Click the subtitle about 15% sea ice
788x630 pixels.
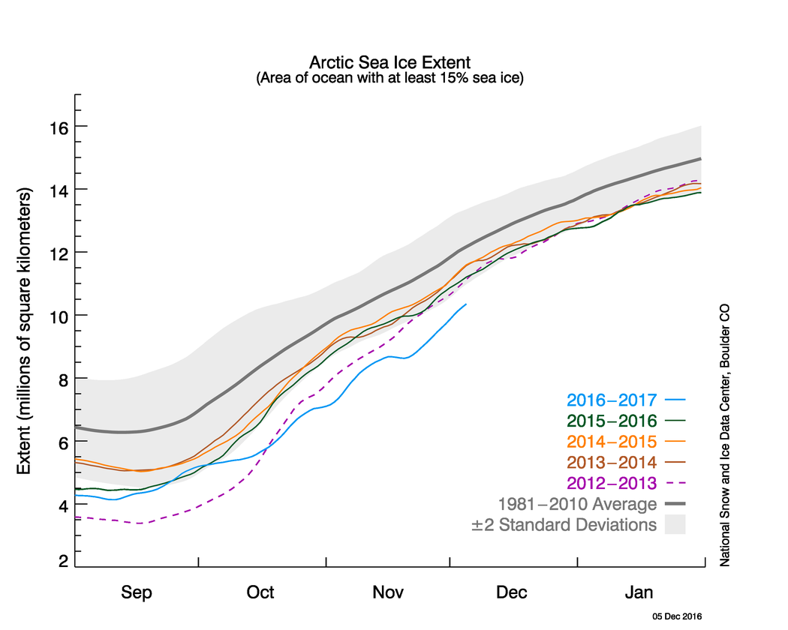[x=389, y=77]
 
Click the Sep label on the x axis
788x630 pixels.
[x=137, y=592]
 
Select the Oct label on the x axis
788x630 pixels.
[x=260, y=592]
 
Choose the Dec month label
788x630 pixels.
[x=513, y=592]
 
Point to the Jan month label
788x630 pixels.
[x=639, y=592]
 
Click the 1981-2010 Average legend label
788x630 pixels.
[x=577, y=504]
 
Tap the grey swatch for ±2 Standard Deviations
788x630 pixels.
[x=675, y=524]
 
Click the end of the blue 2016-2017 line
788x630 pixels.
[x=466, y=304]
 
